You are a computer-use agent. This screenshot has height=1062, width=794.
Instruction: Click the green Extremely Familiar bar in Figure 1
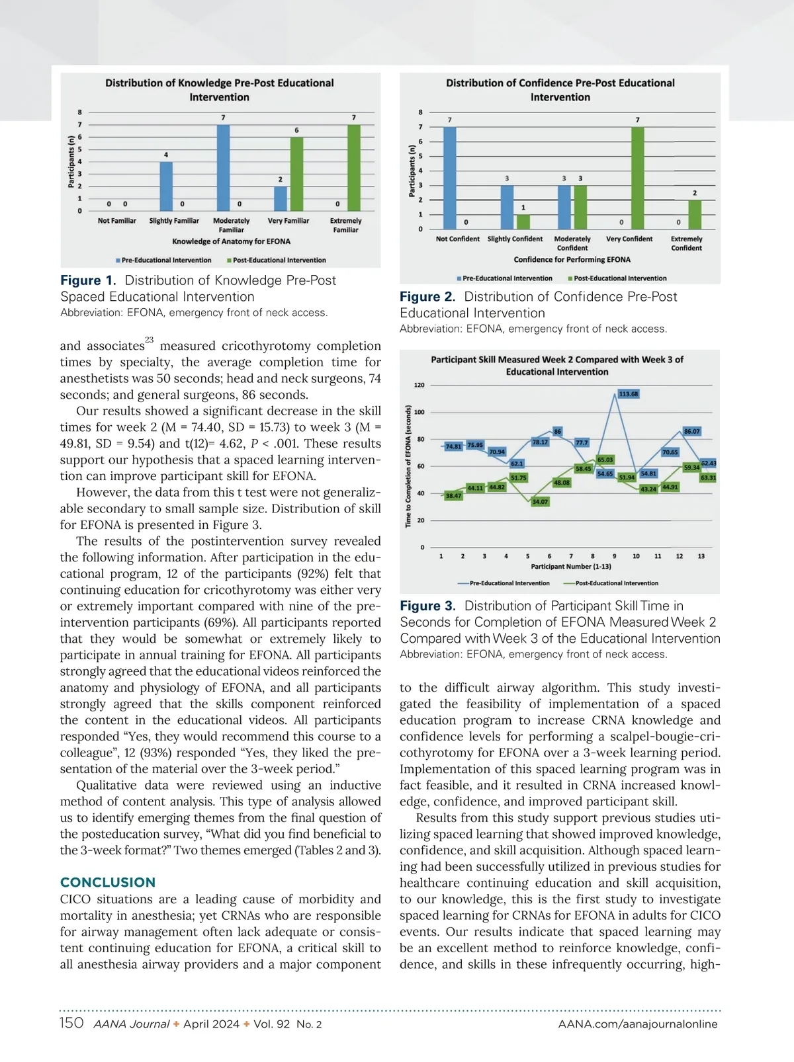tap(354, 168)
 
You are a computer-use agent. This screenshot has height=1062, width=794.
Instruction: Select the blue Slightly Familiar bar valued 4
tap(166, 186)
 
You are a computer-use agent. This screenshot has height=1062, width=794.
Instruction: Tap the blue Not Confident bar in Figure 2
tap(450, 178)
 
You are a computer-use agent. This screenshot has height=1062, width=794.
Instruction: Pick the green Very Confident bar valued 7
tap(637, 178)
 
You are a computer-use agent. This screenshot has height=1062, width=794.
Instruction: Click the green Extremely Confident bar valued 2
tap(694, 214)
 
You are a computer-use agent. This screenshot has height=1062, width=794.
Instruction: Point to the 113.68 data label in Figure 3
tap(629, 394)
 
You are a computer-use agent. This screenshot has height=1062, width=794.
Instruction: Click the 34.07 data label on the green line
tap(540, 502)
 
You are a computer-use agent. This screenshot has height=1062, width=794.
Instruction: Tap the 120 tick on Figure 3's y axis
tap(419, 385)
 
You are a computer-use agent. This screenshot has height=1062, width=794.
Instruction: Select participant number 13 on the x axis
tap(701, 556)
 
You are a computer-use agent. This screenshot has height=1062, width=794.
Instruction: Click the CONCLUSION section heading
tap(108, 882)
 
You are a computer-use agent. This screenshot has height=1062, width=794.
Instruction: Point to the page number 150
tap(71, 1023)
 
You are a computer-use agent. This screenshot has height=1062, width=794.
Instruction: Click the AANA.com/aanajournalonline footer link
tap(638, 1024)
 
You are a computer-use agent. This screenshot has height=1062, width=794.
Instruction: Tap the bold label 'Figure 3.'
tap(427, 606)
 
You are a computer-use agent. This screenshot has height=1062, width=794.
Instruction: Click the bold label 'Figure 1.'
tap(88, 280)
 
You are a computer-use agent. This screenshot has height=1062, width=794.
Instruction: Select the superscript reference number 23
tap(149, 340)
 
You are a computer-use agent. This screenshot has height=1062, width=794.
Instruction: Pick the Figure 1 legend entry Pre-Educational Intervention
tap(166, 261)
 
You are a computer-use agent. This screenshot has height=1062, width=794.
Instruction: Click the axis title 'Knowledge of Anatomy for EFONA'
tap(231, 241)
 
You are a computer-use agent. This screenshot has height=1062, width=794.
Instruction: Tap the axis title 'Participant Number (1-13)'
tap(571, 567)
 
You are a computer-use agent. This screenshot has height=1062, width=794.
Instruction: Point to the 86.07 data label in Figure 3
tap(691, 431)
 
